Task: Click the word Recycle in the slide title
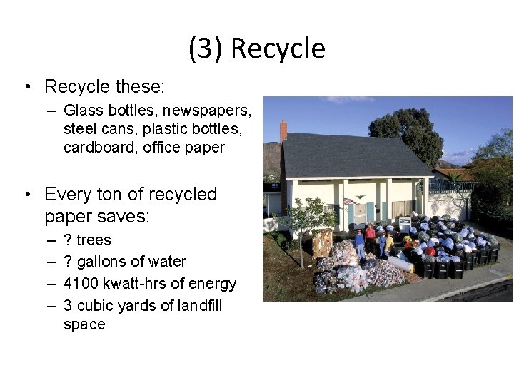[278, 48]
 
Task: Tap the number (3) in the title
[206, 48]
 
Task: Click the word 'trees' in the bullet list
[94, 240]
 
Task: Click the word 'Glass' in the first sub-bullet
[82, 111]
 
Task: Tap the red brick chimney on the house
[283, 130]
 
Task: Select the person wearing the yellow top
[388, 242]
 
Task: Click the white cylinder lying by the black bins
[400, 263]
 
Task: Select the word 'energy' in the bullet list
[213, 283]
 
